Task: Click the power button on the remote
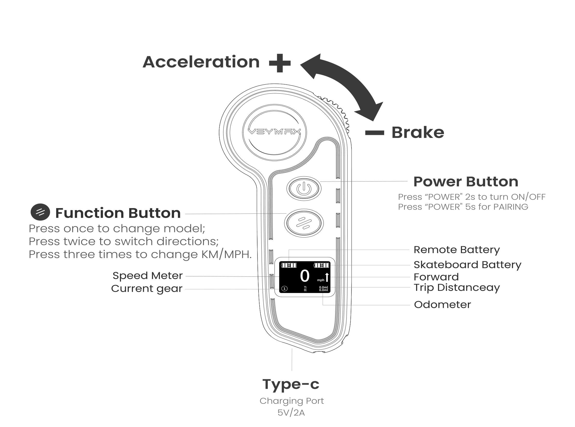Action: (x=304, y=188)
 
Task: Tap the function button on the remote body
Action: (x=304, y=223)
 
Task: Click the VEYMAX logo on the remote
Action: (x=274, y=132)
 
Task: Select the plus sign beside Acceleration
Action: (x=280, y=63)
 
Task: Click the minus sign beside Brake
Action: (x=374, y=133)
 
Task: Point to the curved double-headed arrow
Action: (x=343, y=83)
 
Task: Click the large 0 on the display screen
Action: (x=305, y=276)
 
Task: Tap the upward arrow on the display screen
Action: (x=327, y=277)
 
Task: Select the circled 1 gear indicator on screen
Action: (x=284, y=289)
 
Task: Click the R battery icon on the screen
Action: (x=289, y=265)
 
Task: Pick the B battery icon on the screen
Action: (x=322, y=265)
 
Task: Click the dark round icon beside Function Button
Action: (x=40, y=212)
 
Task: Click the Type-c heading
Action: (x=291, y=384)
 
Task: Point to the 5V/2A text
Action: (x=291, y=413)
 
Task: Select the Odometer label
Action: (x=442, y=305)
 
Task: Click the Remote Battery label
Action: (x=457, y=250)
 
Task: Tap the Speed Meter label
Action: (x=148, y=276)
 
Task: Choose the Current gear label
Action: (x=147, y=289)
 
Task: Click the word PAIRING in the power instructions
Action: (x=510, y=207)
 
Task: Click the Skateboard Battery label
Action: (x=467, y=265)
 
